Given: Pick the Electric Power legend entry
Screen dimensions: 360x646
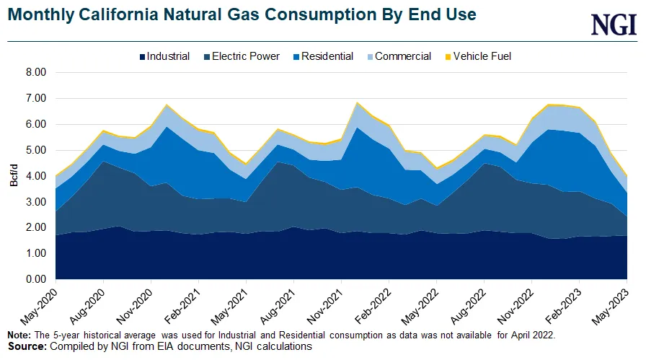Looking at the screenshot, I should (x=241, y=56).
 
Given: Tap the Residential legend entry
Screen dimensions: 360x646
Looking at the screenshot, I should (x=323, y=56).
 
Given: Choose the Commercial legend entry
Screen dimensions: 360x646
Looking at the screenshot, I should (x=398, y=56).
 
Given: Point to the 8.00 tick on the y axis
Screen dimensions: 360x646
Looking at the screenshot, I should (x=35, y=72).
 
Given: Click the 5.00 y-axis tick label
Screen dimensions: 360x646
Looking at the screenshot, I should (x=35, y=150).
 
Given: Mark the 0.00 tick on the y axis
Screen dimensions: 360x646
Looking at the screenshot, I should (x=35, y=279).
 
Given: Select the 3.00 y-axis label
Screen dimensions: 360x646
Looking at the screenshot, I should (x=35, y=202).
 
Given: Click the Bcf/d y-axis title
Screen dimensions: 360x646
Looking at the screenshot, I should (x=14, y=176).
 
